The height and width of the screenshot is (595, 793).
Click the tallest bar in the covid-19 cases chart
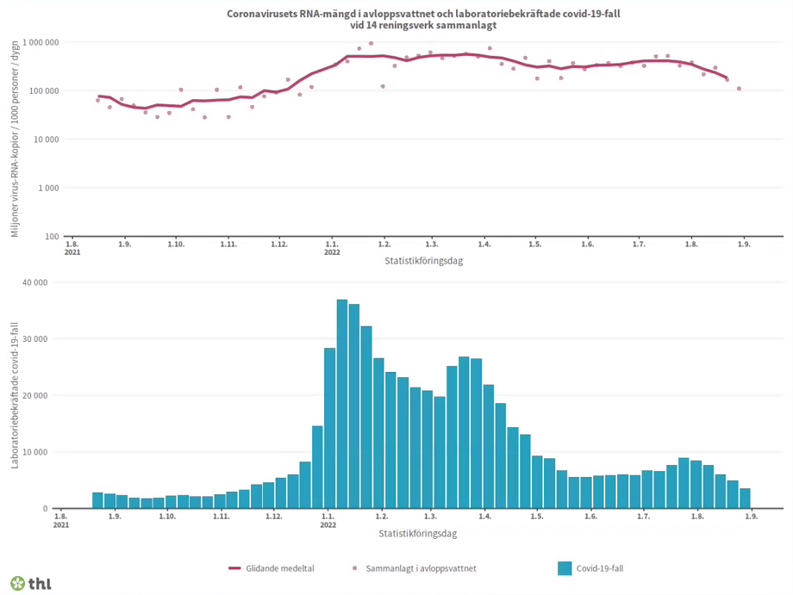point(342,404)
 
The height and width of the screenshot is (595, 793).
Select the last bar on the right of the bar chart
point(745,499)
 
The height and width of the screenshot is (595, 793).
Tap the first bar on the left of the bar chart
point(97,500)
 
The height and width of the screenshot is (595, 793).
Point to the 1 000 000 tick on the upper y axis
point(41,42)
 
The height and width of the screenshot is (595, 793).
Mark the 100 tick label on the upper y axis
point(52,237)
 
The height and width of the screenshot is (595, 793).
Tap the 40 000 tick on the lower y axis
point(34,282)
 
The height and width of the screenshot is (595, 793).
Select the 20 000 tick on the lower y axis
point(34,396)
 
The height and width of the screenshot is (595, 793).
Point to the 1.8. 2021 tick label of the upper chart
point(73,249)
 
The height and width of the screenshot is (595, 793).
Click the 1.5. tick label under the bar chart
point(537,517)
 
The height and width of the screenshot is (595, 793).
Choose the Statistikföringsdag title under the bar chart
point(417,533)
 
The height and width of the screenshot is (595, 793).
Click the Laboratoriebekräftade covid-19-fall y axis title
point(14,395)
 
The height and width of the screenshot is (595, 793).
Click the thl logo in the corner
point(30,583)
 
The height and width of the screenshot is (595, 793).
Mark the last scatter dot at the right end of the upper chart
point(739,89)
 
